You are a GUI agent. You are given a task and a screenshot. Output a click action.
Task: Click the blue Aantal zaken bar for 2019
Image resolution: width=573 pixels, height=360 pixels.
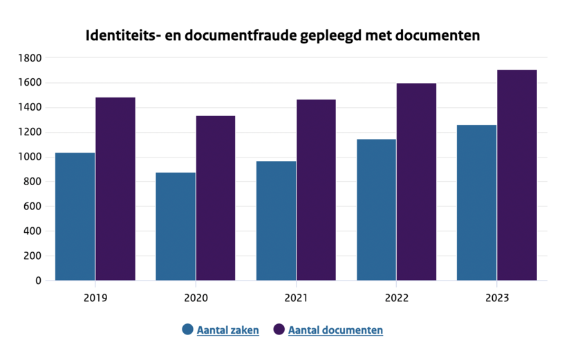[75, 216]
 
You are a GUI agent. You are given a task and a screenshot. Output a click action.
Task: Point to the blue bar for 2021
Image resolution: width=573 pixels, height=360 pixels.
[276, 220]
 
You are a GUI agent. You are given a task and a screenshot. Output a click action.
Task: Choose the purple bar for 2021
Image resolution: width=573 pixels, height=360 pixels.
[316, 190]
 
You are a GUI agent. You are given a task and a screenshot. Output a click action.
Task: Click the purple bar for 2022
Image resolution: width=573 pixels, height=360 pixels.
[417, 182]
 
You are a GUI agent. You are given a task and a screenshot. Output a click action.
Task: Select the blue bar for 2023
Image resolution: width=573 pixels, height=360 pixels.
[477, 202]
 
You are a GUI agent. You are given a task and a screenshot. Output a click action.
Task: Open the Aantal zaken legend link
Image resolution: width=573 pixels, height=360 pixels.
[228, 330]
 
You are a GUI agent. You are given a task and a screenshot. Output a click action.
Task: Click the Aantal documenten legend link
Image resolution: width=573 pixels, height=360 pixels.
[335, 330]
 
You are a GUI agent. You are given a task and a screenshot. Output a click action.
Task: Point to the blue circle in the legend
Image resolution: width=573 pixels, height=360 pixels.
[188, 330]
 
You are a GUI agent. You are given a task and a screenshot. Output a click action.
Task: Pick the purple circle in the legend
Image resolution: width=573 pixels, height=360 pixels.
[279, 330]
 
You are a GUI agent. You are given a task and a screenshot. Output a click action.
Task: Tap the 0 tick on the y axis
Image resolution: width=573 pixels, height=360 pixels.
[38, 281]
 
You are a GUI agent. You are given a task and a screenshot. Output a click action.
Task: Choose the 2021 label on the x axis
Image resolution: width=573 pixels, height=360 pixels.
[296, 299]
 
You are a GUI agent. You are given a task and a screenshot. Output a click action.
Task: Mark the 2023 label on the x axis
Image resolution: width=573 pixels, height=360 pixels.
[497, 299]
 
